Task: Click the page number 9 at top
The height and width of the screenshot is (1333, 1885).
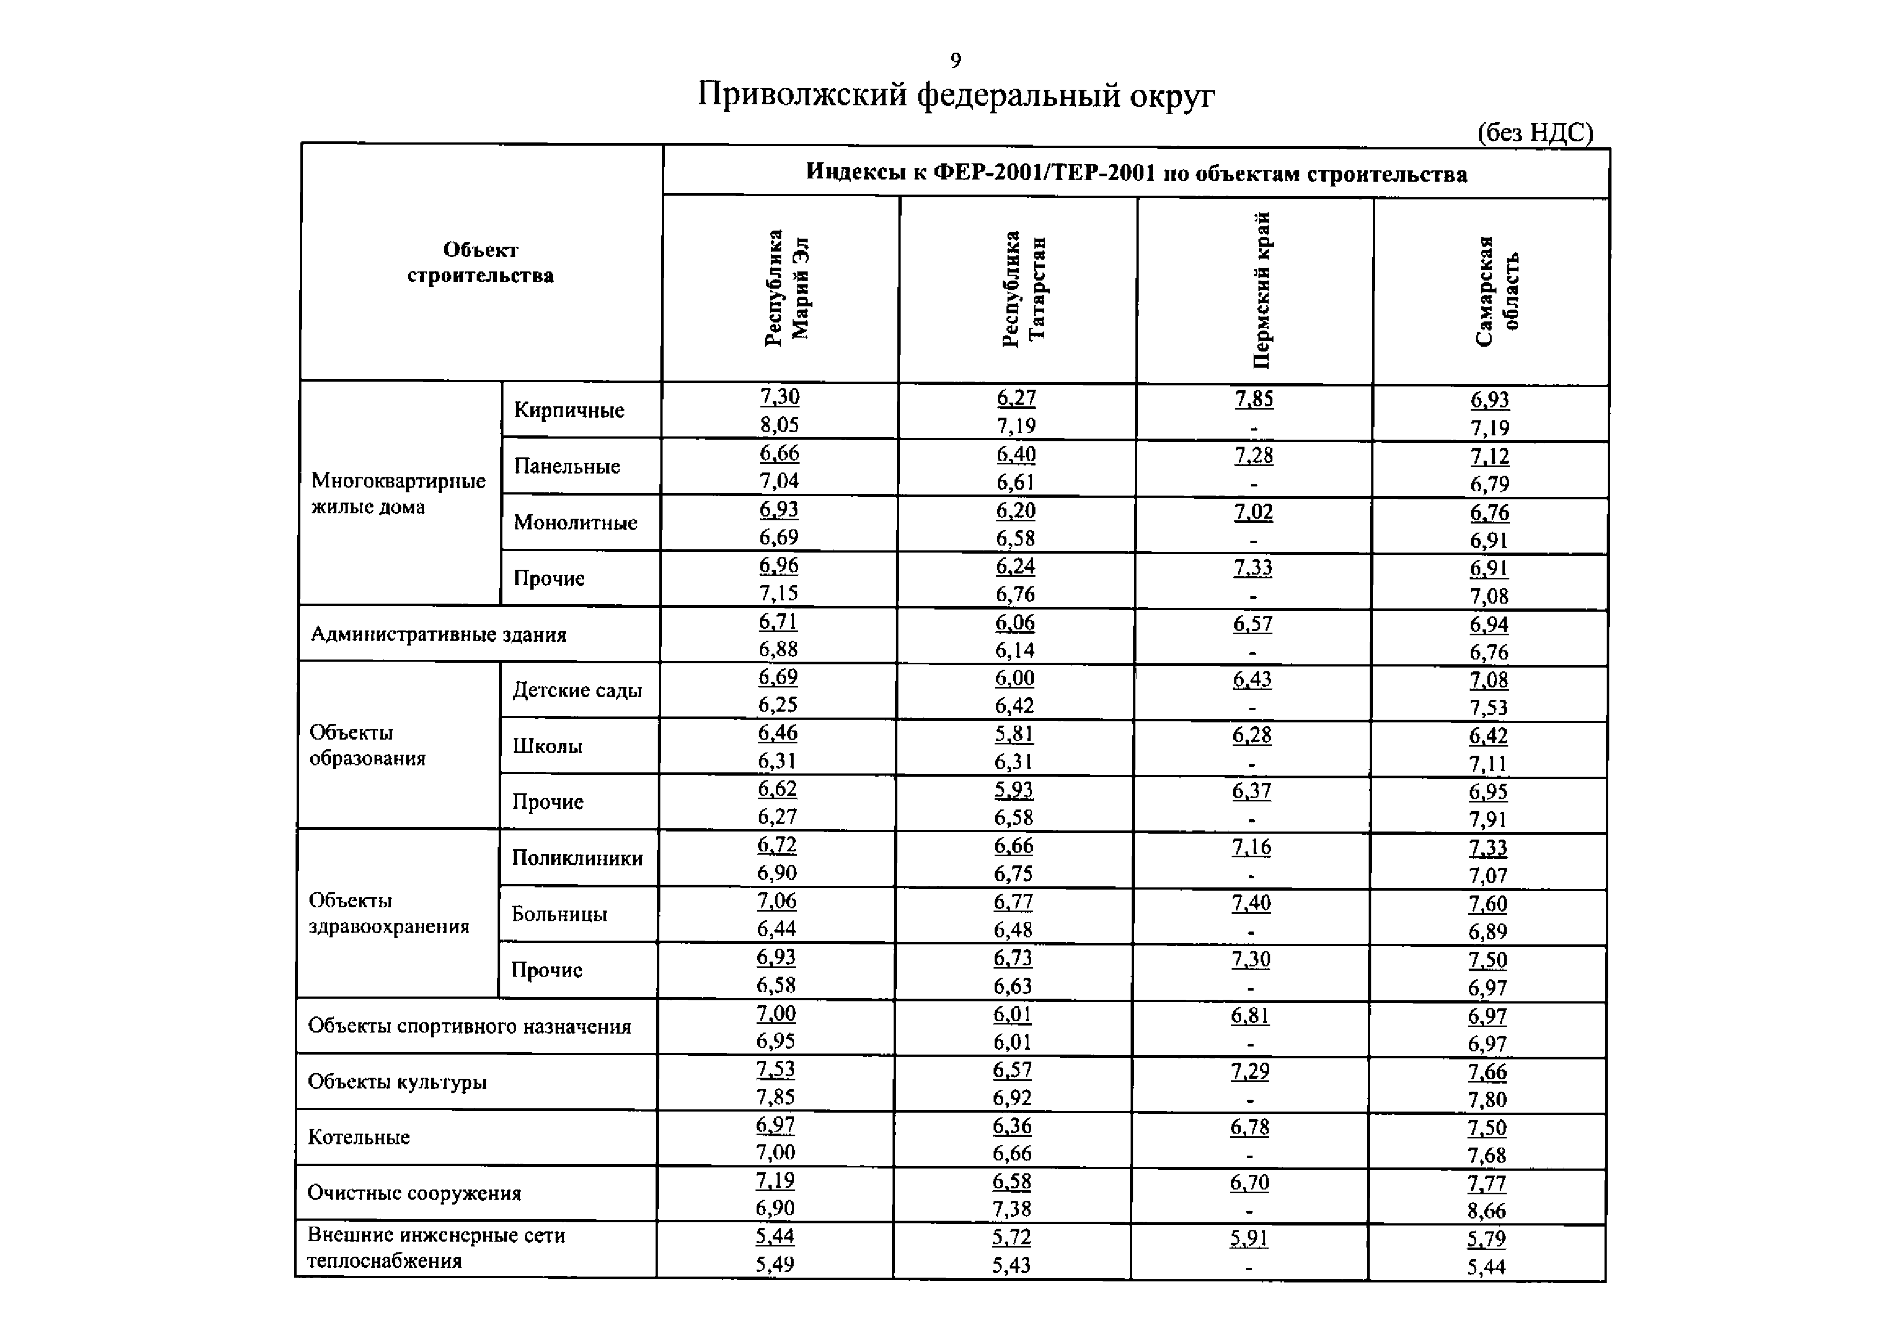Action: coord(955,61)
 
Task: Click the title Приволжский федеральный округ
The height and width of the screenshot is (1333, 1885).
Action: coord(955,95)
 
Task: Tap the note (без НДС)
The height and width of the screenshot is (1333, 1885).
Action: coord(1535,132)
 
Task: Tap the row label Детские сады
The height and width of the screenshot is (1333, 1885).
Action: coord(577,690)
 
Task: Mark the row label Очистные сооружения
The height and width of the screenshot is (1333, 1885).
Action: coord(414,1193)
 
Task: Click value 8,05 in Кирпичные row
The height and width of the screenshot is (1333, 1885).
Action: coord(778,425)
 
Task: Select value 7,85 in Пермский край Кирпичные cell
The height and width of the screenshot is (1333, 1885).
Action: coord(1254,398)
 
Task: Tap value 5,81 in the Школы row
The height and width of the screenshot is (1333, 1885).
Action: coord(1014,734)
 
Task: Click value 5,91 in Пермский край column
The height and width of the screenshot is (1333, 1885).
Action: coord(1249,1238)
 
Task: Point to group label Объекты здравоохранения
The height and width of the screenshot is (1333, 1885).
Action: coord(388,913)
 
